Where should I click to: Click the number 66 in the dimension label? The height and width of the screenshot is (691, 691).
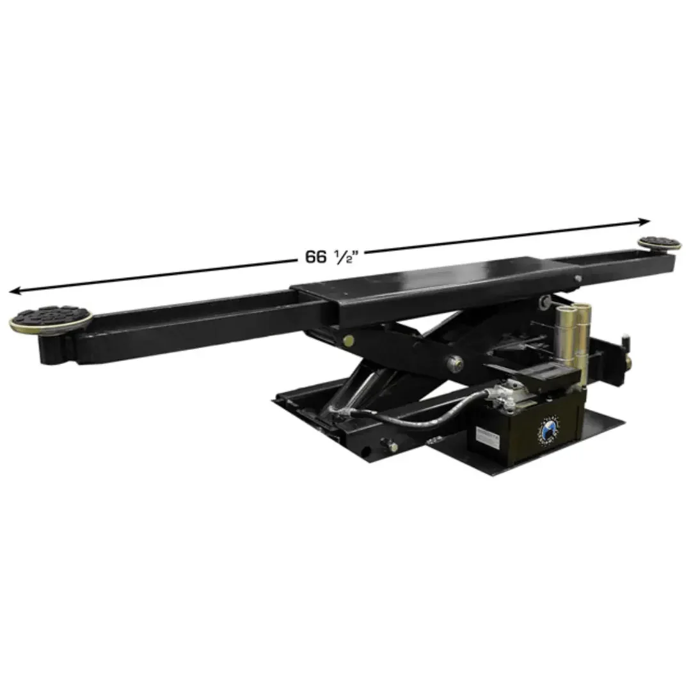315,257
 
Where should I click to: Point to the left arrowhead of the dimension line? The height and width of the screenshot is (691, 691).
14,291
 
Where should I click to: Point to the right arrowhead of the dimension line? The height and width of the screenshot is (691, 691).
646,222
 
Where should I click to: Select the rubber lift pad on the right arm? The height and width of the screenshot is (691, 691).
658,243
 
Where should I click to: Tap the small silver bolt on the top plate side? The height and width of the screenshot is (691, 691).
578,279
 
